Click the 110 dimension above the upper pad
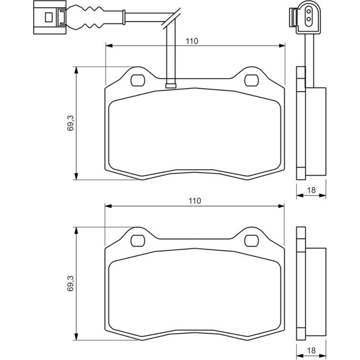pyautogui.click(x=193, y=41)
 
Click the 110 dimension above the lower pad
pyautogui.click(x=194, y=201)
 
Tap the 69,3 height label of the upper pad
pyautogui.click(x=71, y=123)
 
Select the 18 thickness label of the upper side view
pyautogui.click(x=312, y=190)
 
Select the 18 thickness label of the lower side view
pyautogui.click(x=312, y=350)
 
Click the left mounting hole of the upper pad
pyautogui.click(x=137, y=80)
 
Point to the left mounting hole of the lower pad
pyautogui.click(x=137, y=240)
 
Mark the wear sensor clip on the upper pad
pyautogui.click(x=170, y=85)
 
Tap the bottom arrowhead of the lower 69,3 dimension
pyautogui.click(x=76, y=337)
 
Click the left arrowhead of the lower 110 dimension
pyautogui.click(x=108, y=206)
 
